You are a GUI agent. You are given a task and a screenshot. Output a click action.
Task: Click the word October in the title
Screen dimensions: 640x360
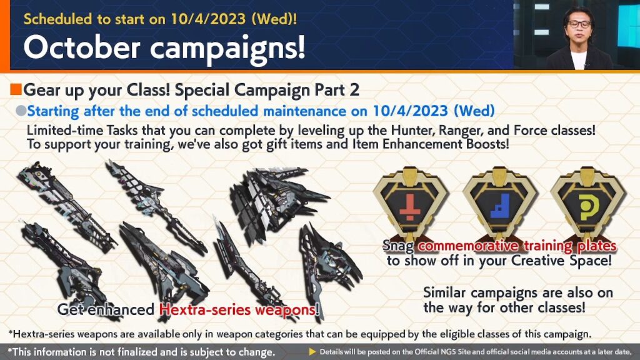point(82,47)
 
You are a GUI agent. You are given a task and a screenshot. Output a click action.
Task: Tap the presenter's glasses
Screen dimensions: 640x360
point(579,25)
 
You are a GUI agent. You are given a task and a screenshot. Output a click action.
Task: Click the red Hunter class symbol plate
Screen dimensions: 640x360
point(410,204)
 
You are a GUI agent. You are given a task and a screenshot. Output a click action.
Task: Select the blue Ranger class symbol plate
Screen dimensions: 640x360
point(499,204)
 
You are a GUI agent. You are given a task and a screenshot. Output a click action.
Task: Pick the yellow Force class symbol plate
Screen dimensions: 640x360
point(587,204)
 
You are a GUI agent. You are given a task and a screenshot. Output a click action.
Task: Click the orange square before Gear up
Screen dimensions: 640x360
point(16,89)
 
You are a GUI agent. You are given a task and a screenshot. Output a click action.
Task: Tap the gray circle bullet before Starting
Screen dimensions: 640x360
point(21,111)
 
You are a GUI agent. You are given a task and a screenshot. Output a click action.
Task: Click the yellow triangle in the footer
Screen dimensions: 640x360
point(312,351)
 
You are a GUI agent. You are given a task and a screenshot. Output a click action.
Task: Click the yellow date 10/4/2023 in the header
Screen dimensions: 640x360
point(208,19)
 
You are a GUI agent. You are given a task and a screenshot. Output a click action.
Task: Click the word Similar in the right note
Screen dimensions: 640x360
point(444,292)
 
